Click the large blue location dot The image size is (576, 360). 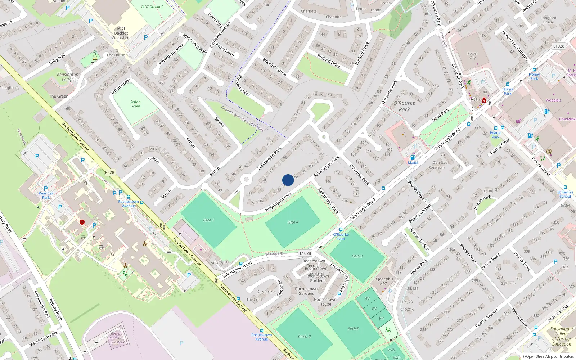pyautogui.click(x=288, y=180)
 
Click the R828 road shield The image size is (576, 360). pyautogui.click(x=110, y=172)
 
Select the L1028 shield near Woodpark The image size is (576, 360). pyautogui.click(x=305, y=253)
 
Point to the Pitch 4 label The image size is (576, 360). pyautogui.click(x=293, y=222)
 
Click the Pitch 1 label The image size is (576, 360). pyautogui.click(x=208, y=220)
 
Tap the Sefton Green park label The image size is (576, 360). pyautogui.click(x=135, y=104)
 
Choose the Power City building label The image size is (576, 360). pyautogui.click(x=472, y=55)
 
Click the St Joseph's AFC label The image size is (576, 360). pyautogui.click(x=383, y=281)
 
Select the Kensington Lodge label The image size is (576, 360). pyautogui.click(x=67, y=77)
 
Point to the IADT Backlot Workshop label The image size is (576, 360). pyautogui.click(x=121, y=33)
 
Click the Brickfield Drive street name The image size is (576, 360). pyautogui.click(x=274, y=67)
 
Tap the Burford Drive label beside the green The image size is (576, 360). pyautogui.click(x=328, y=61)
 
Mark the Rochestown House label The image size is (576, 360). pyautogui.click(x=325, y=302)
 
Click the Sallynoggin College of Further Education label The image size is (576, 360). pyautogui.click(x=561, y=336)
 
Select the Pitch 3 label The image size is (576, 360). pyautogui.click(x=357, y=256)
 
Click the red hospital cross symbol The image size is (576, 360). pyautogui.click(x=82, y=222)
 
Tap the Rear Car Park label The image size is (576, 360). pyautogui.click(x=46, y=195)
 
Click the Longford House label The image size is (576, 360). pyautogui.click(x=548, y=20)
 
